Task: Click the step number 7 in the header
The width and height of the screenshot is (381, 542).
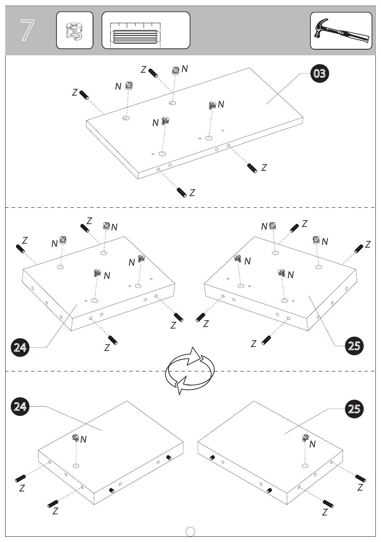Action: pyautogui.click(x=27, y=30)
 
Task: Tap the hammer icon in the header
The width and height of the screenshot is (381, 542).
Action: pyautogui.click(x=341, y=31)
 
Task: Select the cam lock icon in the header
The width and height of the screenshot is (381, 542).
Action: pyautogui.click(x=75, y=30)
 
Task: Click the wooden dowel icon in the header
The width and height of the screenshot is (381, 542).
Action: pyautogui.click(x=146, y=31)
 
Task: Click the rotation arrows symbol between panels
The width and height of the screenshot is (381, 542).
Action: pyautogui.click(x=190, y=370)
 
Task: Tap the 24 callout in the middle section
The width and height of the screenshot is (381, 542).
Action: pyautogui.click(x=20, y=347)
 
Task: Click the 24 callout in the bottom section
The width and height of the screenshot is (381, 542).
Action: pyautogui.click(x=20, y=406)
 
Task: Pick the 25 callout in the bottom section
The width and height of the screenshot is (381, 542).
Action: pyautogui.click(x=354, y=409)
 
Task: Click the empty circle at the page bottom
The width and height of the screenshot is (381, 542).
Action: pyautogui.click(x=191, y=532)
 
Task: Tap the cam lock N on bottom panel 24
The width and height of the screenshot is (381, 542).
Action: pyautogui.click(x=75, y=438)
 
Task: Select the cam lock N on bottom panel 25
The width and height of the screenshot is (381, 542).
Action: pyautogui.click(x=306, y=438)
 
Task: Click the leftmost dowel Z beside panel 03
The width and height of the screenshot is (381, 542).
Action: pyautogui.click(x=83, y=94)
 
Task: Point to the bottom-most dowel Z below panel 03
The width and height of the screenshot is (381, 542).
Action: pyautogui.click(x=182, y=192)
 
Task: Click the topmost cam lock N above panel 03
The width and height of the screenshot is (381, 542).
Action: pyautogui.click(x=175, y=70)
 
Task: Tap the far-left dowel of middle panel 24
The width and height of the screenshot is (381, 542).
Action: pyautogui.click(x=20, y=248)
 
